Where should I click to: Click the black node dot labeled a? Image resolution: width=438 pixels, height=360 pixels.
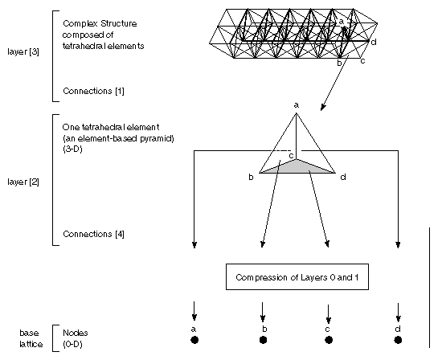point(194,340)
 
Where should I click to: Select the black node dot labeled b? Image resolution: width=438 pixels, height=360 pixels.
point(263,340)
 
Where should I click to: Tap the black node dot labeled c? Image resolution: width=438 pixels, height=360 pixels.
point(329,340)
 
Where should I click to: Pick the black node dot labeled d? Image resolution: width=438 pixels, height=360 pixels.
point(398,340)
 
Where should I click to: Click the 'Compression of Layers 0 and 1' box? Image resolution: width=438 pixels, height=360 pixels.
point(297,276)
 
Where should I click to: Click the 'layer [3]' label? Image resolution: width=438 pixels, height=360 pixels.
point(23,51)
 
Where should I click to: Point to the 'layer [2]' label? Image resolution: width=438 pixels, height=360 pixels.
point(23,182)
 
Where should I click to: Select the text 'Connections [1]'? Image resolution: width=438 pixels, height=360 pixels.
point(93,91)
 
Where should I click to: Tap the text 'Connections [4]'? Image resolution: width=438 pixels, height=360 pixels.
point(93,234)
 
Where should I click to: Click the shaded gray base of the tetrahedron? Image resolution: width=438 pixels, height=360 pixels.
point(297,166)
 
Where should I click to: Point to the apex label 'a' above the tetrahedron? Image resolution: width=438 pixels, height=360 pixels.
point(297,105)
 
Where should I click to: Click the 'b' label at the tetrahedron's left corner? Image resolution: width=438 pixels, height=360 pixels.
point(251,177)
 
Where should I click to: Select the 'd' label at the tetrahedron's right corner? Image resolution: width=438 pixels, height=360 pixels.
point(343,177)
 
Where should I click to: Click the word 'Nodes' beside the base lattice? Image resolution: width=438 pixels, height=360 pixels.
point(75,333)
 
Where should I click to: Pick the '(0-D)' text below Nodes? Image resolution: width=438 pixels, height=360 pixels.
point(72,344)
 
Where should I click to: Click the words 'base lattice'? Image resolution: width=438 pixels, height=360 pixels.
point(31,338)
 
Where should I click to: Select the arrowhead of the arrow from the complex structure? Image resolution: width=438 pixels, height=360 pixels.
point(323,107)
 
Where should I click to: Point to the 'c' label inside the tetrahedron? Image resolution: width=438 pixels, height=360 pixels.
point(291,156)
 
